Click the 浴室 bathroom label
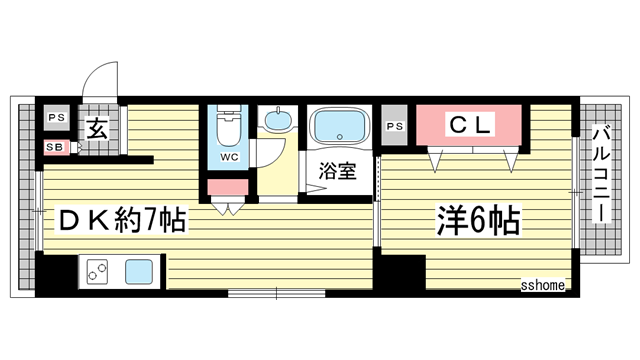click(337, 170)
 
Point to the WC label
click(229, 157)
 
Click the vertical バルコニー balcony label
click(602, 174)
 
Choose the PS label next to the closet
click(395, 126)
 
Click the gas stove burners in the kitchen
click(98, 270)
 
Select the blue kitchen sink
click(138, 270)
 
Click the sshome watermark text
click(542, 285)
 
